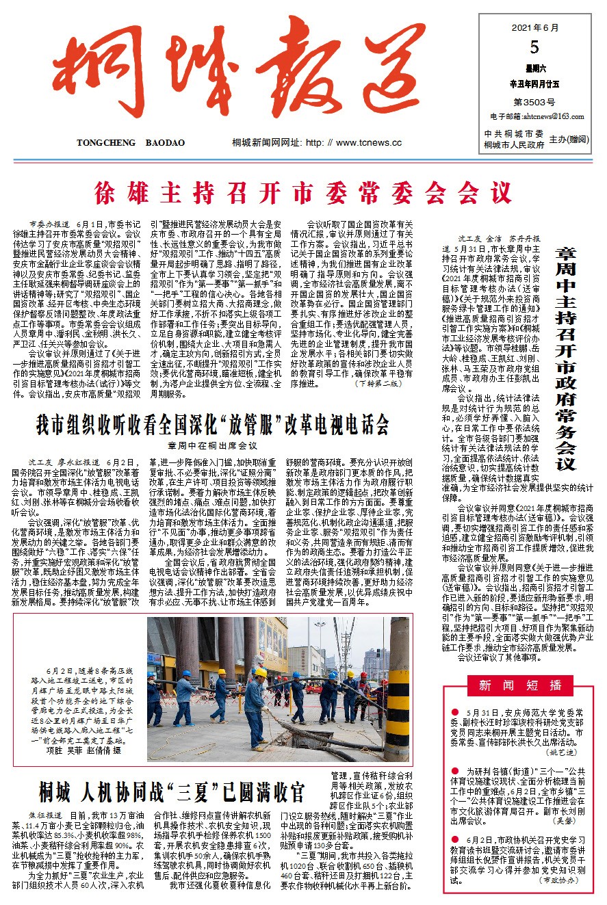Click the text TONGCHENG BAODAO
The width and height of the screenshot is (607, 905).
click(x=131, y=143)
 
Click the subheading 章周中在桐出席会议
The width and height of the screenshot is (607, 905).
click(x=212, y=446)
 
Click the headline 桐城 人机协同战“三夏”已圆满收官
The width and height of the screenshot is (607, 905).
click(x=171, y=791)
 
